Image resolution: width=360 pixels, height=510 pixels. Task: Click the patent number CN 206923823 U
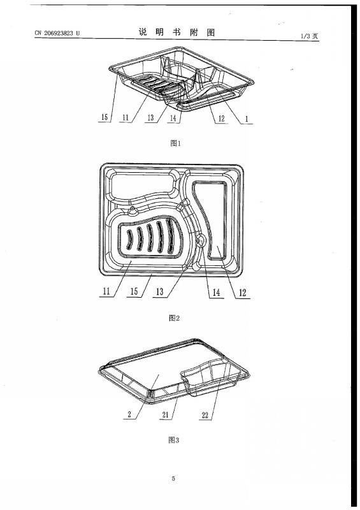coord(57,33)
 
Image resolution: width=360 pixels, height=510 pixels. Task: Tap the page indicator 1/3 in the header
coord(305,36)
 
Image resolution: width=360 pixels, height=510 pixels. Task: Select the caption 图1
coord(175,143)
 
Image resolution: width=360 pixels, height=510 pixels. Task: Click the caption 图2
coord(175,317)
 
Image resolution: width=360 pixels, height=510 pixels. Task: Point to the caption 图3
coord(174,440)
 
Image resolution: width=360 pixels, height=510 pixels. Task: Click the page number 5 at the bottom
coord(173,478)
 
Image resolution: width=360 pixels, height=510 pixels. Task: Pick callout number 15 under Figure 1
coord(104,117)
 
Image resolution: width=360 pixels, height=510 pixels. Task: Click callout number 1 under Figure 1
coord(247,119)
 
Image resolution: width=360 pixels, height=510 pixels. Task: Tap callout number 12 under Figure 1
coord(222,119)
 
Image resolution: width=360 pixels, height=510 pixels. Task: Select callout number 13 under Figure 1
coord(150,117)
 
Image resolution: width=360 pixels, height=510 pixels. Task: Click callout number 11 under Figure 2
coord(106,291)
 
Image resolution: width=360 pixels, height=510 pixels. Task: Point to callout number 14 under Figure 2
coord(216,293)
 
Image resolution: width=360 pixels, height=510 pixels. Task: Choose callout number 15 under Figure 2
coord(134,291)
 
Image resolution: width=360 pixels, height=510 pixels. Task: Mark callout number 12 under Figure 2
coord(243,293)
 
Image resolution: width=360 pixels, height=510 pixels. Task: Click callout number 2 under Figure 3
coord(129,414)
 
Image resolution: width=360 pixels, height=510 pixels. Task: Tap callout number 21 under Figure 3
coord(166,414)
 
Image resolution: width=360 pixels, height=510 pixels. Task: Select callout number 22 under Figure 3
coord(205,415)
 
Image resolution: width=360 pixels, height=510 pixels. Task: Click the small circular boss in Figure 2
coord(200,241)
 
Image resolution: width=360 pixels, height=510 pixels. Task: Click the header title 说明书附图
coord(177,33)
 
